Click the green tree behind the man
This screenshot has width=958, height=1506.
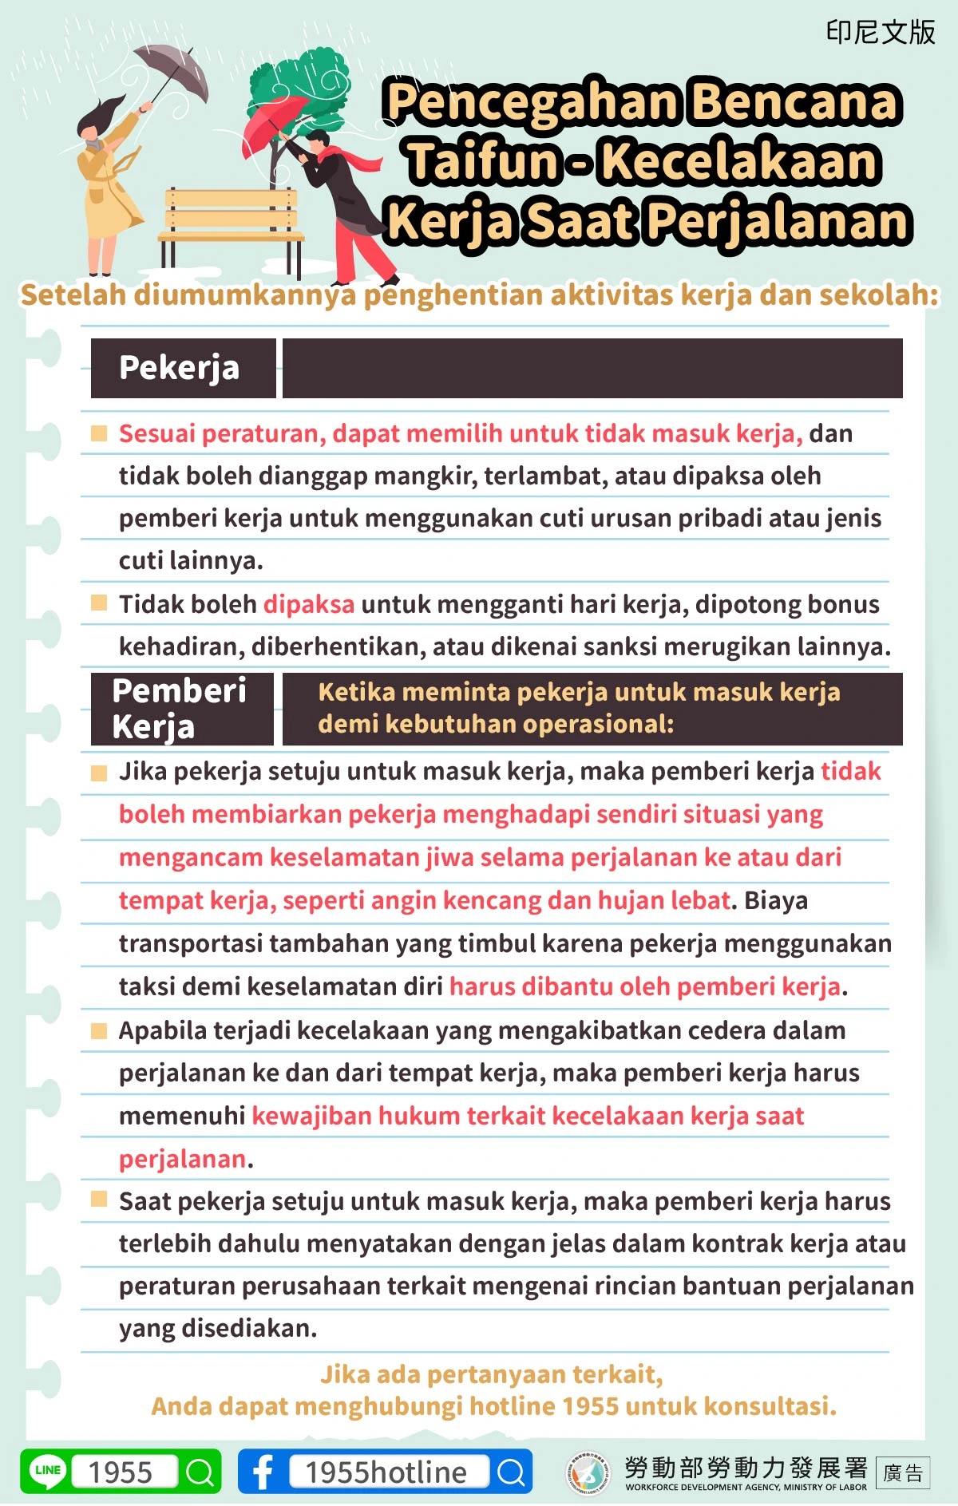pyautogui.click(x=303, y=84)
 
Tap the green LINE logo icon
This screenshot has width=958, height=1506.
pyautogui.click(x=48, y=1471)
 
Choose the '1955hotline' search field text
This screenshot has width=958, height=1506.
pyautogui.click(x=386, y=1472)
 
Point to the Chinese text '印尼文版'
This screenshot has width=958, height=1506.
pyautogui.click(x=880, y=33)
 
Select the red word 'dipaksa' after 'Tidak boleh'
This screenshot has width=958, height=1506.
pyautogui.click(x=308, y=604)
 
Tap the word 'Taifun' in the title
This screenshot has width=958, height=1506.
pyautogui.click(x=484, y=161)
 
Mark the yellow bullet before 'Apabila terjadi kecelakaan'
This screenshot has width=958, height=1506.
pyautogui.click(x=99, y=1030)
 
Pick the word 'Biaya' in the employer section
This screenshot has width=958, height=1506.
pyautogui.click(x=776, y=900)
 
